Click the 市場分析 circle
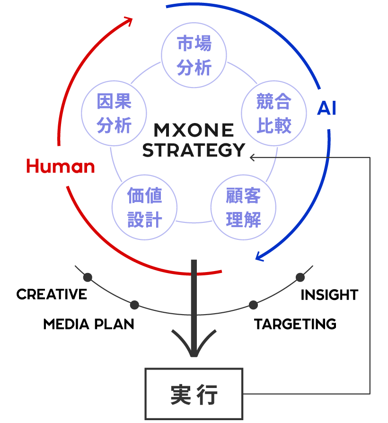[194, 56]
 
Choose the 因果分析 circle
[114, 114]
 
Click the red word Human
[60, 167]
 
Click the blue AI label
[326, 109]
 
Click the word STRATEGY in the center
[194, 150]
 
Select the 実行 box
[194, 394]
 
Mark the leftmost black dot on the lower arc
[88, 277]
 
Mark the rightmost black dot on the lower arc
[300, 277]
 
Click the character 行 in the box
[207, 394]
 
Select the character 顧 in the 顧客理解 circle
[234, 196]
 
